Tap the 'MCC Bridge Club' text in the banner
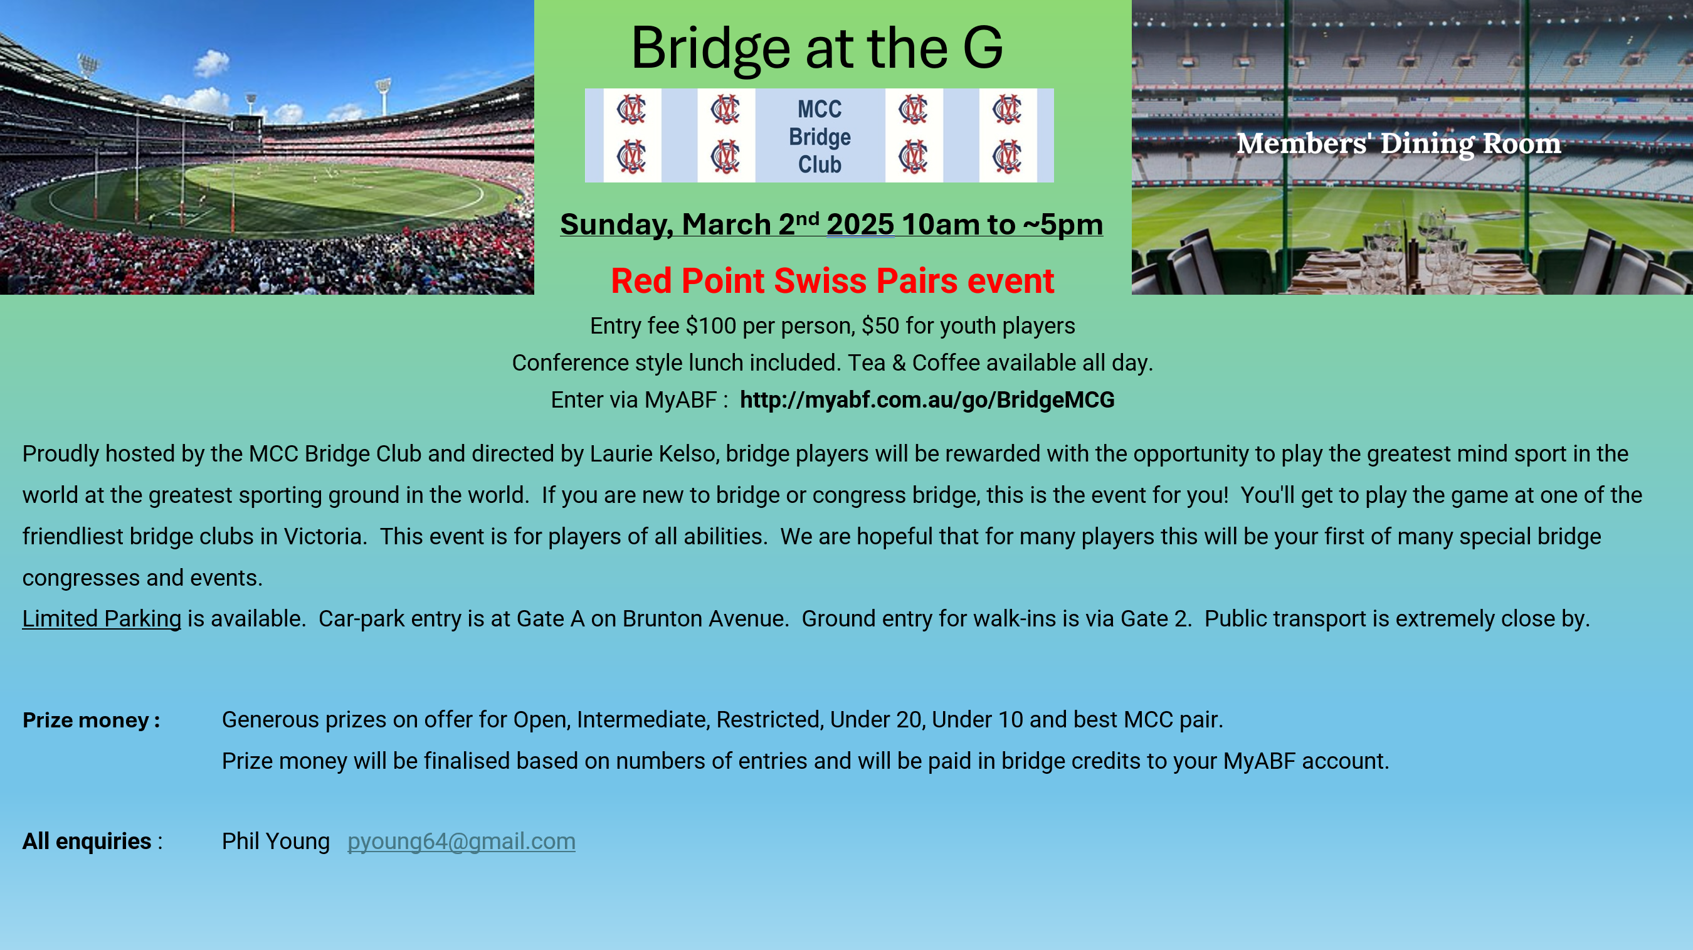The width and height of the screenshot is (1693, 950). click(x=820, y=137)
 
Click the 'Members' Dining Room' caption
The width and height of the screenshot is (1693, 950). click(x=1398, y=144)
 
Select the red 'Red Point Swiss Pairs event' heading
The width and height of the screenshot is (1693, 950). click(x=833, y=281)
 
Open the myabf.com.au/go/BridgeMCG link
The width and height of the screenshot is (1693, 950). click(x=927, y=399)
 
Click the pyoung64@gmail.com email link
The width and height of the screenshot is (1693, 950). click(x=461, y=842)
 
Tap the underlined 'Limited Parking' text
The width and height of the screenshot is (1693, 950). click(x=101, y=620)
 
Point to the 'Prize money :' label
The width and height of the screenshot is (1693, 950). click(x=92, y=720)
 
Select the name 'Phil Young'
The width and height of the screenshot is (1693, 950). click(x=275, y=842)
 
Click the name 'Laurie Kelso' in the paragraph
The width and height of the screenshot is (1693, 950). click(x=653, y=454)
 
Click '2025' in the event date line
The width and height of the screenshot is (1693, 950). click(x=860, y=224)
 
